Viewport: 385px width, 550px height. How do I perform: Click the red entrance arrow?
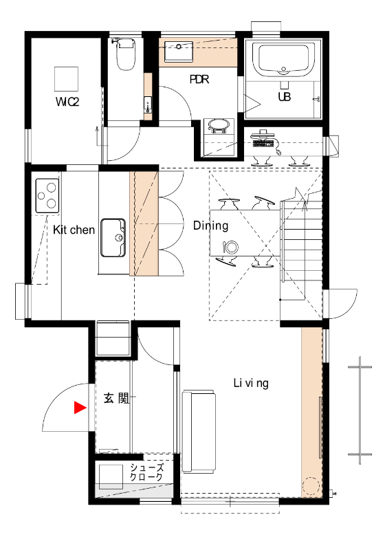click(80, 408)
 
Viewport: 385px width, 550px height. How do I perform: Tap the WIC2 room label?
click(67, 102)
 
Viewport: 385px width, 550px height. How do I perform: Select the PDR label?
click(199, 79)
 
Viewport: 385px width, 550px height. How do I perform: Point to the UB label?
click(285, 96)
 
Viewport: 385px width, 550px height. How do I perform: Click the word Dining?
click(211, 225)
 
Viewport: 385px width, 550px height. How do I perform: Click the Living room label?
click(251, 383)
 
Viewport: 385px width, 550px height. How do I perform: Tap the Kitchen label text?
click(74, 230)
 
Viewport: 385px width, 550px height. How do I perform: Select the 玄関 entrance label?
click(117, 398)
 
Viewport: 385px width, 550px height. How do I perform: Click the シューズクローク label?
click(146, 472)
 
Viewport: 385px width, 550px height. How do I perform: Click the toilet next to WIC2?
click(126, 54)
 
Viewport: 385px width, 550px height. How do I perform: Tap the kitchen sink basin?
click(113, 238)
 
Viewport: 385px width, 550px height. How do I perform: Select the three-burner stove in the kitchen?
click(47, 196)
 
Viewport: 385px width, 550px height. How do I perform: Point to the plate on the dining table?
click(232, 247)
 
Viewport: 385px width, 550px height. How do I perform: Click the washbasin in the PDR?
click(179, 52)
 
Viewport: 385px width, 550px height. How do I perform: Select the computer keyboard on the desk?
click(262, 143)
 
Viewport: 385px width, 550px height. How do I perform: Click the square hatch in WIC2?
click(66, 78)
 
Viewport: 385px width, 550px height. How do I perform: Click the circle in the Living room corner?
click(311, 486)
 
